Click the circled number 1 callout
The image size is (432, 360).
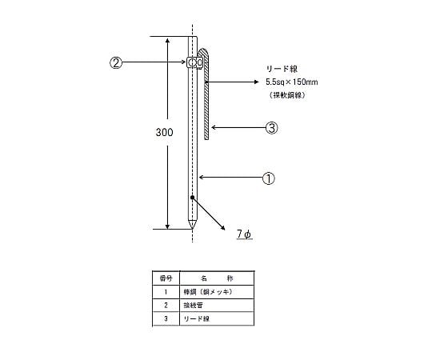[x=268, y=179]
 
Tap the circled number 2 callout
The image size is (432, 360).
[x=115, y=62]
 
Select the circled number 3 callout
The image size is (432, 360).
[x=271, y=126]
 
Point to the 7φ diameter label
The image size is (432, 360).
[x=244, y=234]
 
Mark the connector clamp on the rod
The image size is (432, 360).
[x=194, y=62]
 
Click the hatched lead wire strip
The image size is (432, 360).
[x=206, y=100]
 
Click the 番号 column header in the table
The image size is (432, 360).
[x=166, y=278]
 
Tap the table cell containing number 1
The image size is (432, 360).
[x=166, y=292]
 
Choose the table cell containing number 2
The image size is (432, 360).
[x=166, y=306]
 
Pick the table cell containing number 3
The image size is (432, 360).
[x=166, y=318]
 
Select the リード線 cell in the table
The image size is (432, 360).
[x=198, y=318]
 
